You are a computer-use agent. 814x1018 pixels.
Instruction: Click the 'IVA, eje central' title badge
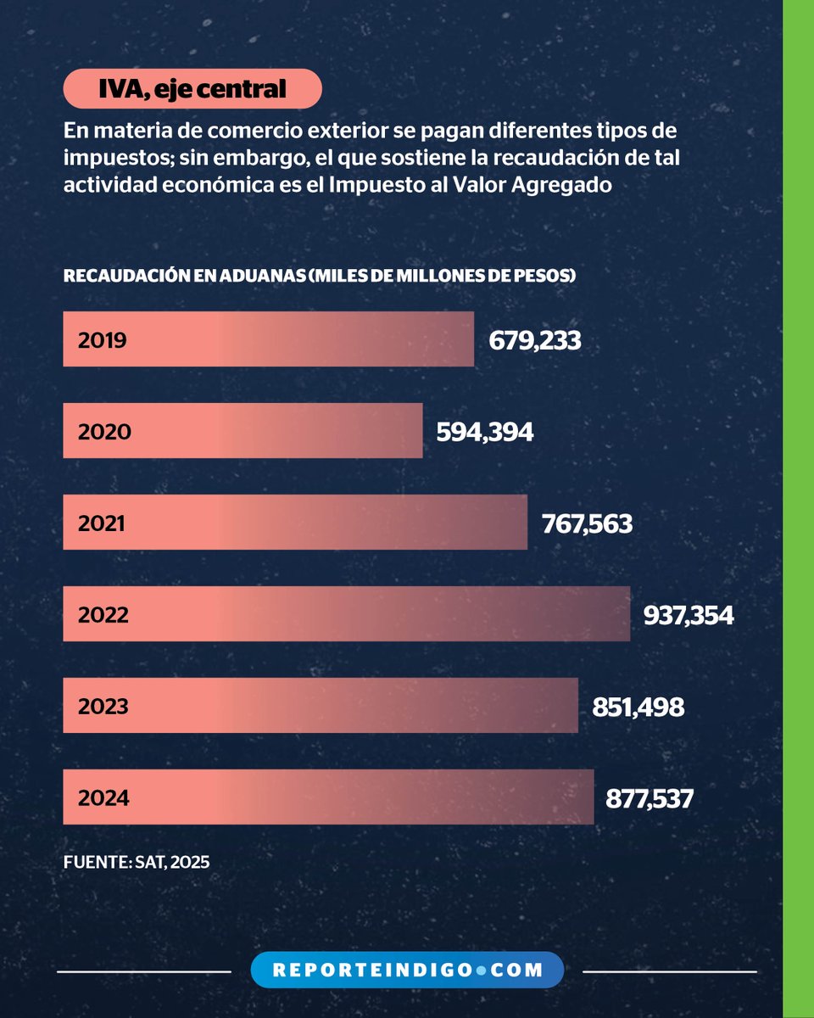[192, 88]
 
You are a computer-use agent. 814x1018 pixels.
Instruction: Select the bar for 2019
[268, 339]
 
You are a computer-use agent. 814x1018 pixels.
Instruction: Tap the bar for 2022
[346, 613]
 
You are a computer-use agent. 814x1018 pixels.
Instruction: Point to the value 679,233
[535, 340]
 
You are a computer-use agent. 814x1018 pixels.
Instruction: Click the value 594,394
[485, 432]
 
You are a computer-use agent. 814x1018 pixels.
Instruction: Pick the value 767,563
[587, 523]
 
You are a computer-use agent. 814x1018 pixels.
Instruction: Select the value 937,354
[689, 614]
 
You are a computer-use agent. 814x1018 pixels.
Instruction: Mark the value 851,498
[638, 706]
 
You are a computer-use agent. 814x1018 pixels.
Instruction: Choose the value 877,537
[650, 797]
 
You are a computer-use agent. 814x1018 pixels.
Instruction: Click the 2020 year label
[104, 432]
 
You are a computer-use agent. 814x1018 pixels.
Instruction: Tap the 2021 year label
[101, 523]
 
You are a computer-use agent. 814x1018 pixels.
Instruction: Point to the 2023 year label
[103, 706]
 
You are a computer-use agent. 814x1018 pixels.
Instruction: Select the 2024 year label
[103, 797]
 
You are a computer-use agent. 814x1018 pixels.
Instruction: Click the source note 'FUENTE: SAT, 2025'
[136, 860]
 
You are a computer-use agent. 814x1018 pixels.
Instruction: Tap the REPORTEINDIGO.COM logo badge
[407, 970]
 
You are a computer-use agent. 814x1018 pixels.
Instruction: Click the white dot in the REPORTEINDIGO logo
[480, 970]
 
